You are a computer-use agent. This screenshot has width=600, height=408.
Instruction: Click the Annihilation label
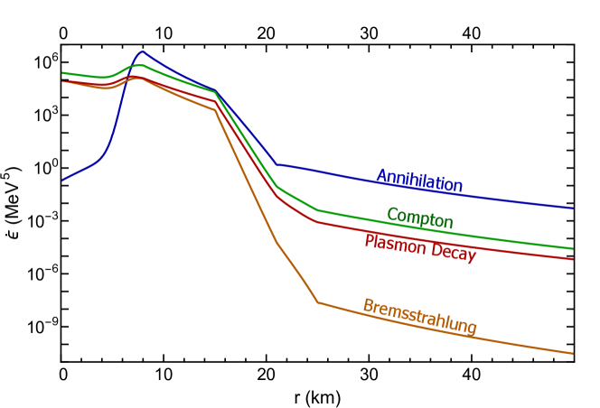coord(419,180)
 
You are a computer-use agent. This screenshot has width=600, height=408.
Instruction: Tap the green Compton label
coord(419,218)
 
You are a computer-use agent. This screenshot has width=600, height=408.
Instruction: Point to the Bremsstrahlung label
coord(419,316)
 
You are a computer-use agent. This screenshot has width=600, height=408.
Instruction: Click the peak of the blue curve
coord(142,51)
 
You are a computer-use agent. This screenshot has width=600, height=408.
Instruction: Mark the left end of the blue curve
coord(62,181)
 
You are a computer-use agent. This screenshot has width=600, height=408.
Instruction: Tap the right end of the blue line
coord(573,208)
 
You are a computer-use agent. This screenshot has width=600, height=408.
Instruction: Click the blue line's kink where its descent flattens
coord(277,164)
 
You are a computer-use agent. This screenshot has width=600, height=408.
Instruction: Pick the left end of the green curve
coord(62,73)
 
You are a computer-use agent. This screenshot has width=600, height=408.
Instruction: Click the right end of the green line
coord(573,248)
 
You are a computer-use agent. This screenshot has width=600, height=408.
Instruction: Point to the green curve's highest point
coord(140,65)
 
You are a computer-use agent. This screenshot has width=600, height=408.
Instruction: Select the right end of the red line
coord(573,259)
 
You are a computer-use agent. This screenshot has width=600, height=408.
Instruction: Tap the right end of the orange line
coord(573,353)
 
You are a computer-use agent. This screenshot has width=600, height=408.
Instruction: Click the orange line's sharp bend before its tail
coord(318,301)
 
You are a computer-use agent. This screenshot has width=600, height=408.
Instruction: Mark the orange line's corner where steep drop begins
coord(215,111)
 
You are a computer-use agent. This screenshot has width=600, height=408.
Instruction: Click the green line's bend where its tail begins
coord(317,210)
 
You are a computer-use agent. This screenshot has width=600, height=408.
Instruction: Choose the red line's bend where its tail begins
coord(317,221)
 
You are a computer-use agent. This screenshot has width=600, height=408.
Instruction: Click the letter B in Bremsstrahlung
coord(368,305)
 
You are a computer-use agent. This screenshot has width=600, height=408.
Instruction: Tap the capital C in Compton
coord(391,214)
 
